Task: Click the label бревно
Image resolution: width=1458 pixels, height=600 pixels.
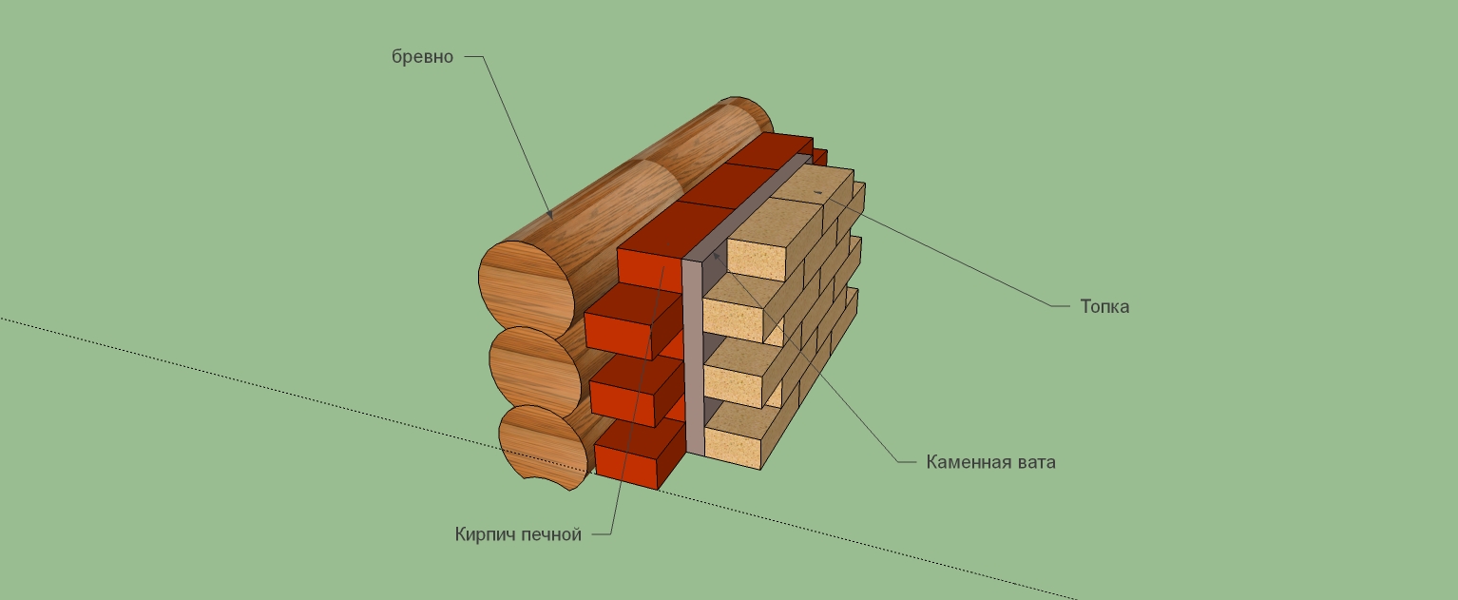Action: click(x=422, y=57)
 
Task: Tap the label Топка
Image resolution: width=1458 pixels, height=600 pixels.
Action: click(x=1104, y=307)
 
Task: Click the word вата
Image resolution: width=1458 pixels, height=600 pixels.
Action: click(x=1037, y=463)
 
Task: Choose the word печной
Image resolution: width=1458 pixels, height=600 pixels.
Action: click(x=551, y=534)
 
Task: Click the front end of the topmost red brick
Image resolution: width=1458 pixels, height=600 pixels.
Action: click(x=649, y=269)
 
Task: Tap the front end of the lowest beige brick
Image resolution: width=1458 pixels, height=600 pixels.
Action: click(x=733, y=439)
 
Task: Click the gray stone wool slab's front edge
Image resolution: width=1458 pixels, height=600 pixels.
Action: click(x=693, y=361)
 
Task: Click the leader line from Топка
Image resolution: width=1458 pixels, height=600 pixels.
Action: click(x=950, y=261)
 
